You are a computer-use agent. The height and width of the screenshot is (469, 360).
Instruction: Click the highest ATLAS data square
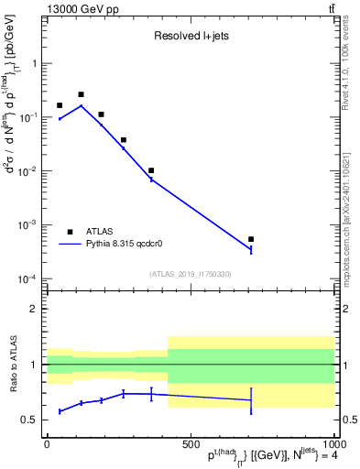81,94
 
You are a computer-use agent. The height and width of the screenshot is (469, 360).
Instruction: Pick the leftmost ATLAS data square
60,105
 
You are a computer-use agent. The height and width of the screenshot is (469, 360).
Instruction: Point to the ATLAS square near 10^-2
151,170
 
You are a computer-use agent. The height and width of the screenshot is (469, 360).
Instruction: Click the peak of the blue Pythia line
81,105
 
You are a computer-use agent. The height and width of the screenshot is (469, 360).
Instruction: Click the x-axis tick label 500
190,443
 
